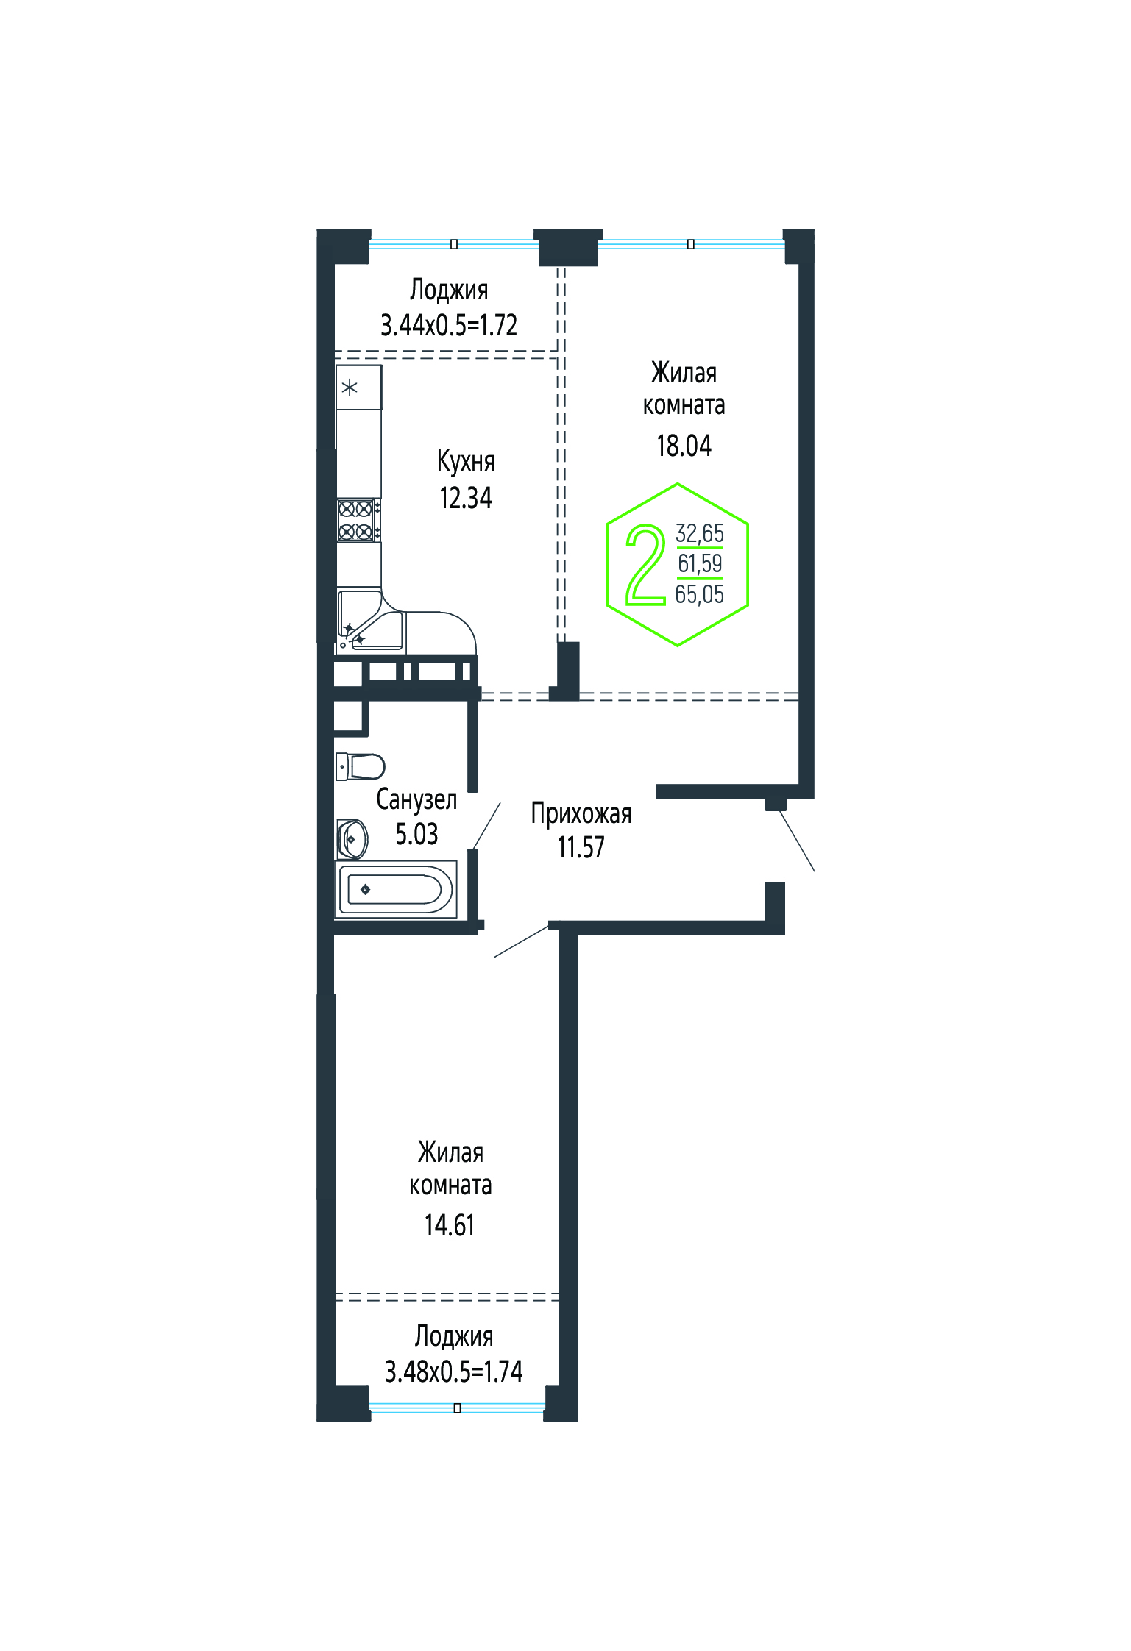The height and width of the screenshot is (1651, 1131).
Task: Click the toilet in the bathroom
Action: (x=361, y=766)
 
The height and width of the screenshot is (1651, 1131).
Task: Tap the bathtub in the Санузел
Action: (x=396, y=889)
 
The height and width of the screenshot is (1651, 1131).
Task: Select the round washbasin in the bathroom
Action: (x=352, y=839)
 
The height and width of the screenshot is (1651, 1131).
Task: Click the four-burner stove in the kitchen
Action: (x=358, y=520)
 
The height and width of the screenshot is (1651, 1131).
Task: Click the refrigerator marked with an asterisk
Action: (x=359, y=388)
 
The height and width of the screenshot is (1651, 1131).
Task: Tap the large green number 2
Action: (x=645, y=564)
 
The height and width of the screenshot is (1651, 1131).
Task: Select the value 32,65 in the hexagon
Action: (x=700, y=532)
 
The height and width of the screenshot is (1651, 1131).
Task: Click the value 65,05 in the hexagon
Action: (x=700, y=594)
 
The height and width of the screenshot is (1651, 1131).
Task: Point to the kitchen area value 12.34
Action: (x=466, y=498)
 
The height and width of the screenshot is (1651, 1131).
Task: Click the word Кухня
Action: (x=466, y=462)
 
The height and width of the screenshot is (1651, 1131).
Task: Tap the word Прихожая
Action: (x=581, y=814)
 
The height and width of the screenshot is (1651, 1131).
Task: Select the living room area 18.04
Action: (x=684, y=446)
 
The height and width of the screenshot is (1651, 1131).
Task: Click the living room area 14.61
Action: (x=450, y=1225)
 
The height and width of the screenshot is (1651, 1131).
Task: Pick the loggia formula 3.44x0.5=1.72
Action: (x=449, y=324)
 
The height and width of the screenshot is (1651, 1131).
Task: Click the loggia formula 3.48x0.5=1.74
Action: (x=454, y=1371)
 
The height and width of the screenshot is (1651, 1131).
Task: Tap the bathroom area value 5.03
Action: (x=416, y=834)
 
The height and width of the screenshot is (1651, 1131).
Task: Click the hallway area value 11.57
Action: (x=581, y=847)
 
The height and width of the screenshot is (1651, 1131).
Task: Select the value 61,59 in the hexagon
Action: (x=700, y=563)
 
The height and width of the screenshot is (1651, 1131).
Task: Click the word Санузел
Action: (x=416, y=799)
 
